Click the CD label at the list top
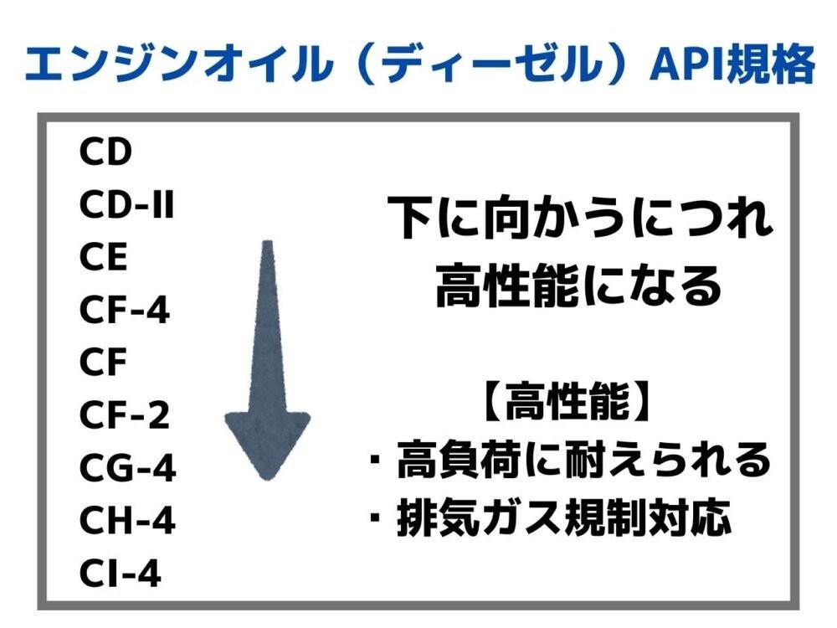pos(106,152)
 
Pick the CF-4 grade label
pos(126,311)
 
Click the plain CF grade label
pos(103,363)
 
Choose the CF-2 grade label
pos(126,415)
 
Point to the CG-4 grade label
pos(128,468)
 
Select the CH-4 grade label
pos(127,522)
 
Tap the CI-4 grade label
pos(121,574)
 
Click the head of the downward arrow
pos(267,444)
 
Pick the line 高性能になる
pos(578,286)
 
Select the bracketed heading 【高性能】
pos(567,405)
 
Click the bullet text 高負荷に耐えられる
pos(583,461)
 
